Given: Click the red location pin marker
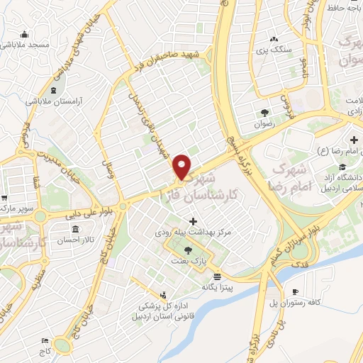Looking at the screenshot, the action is tap(182, 166).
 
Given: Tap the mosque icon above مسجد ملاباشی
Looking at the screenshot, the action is tap(26, 34).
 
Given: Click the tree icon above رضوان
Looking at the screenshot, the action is tap(264, 112).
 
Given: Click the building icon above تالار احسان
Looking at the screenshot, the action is tap(76, 228).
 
